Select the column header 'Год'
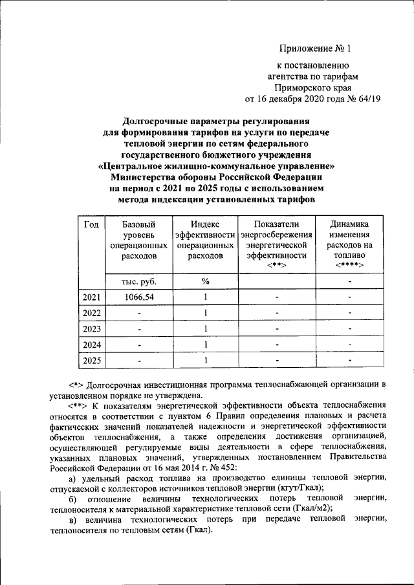coord(91,224)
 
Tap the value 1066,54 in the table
coord(139,297)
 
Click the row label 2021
coord(91,297)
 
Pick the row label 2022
coord(91,313)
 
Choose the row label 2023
coord(91,328)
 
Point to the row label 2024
coord(91,344)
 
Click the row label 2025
coord(91,360)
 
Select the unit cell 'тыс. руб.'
coord(139,281)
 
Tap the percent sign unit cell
coord(206,281)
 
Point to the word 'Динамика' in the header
coord(349,224)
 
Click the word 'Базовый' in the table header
coord(139,224)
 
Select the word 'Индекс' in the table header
coord(206,224)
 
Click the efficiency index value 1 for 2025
coord(206,360)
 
